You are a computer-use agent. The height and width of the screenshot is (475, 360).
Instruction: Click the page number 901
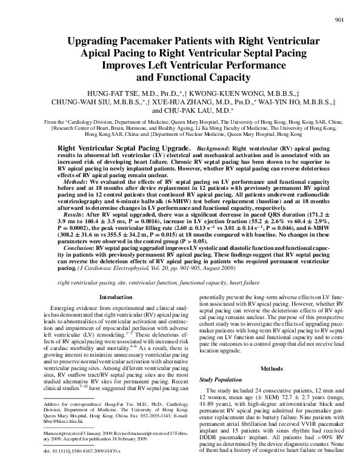(x=339, y=20)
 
